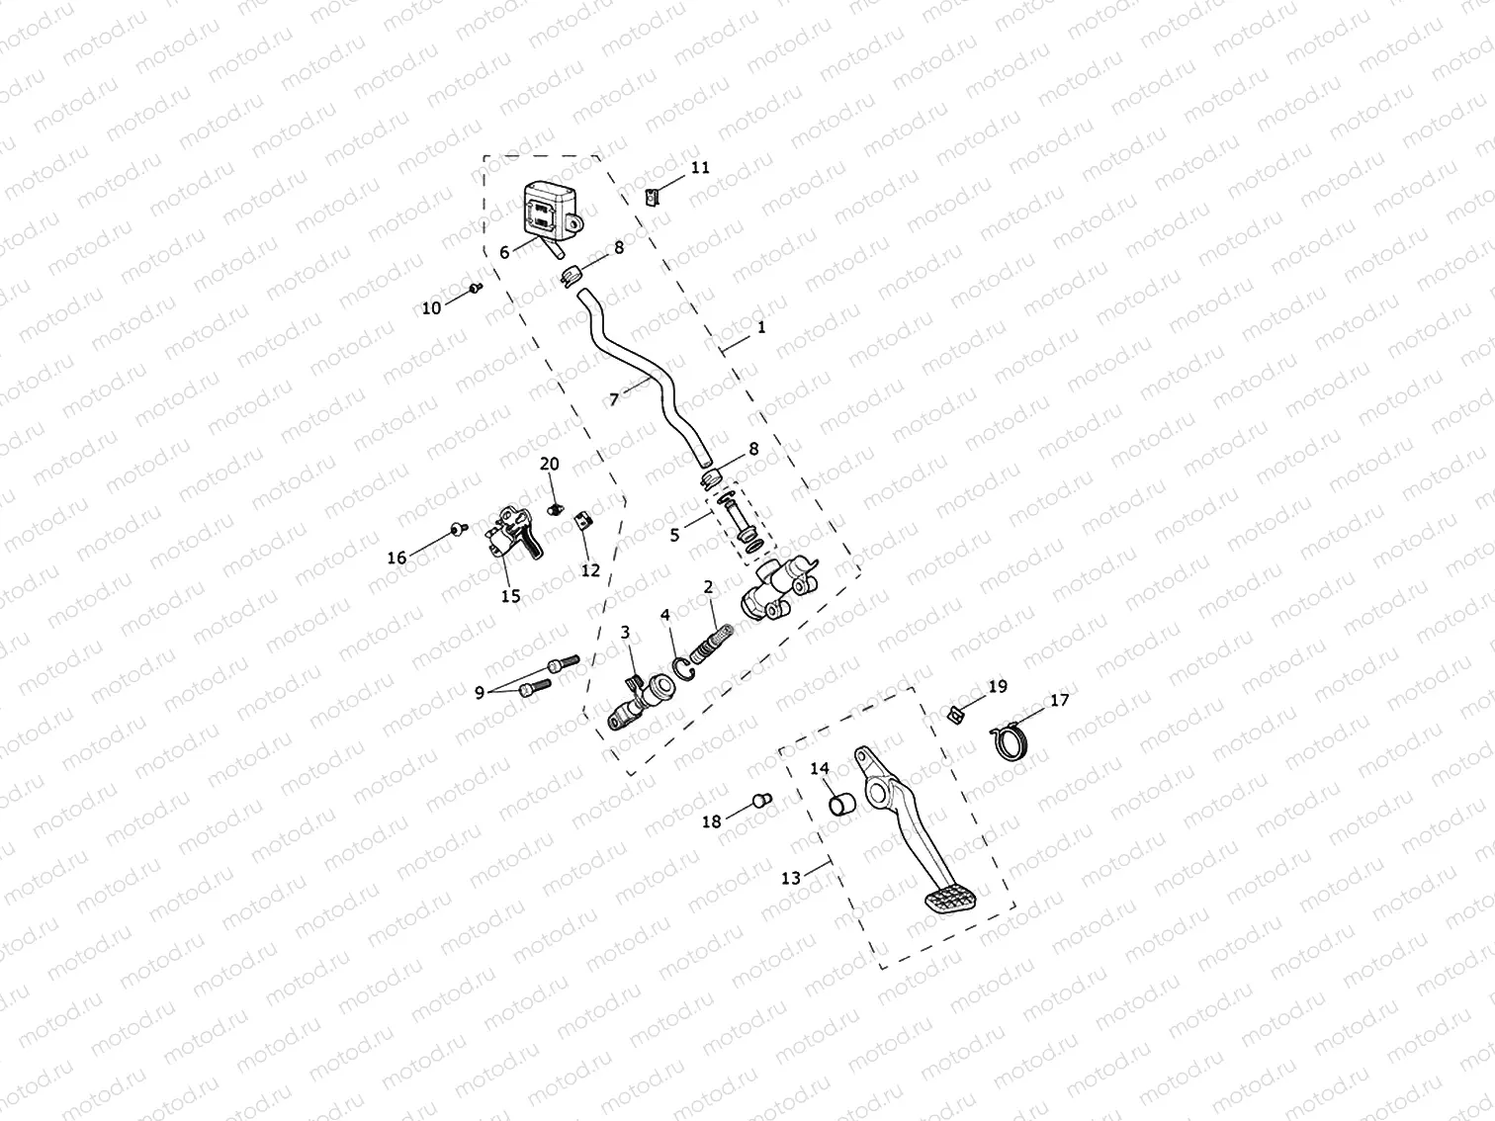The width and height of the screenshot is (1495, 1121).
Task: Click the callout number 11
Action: click(700, 168)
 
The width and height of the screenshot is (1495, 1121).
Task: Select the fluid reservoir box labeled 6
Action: click(550, 211)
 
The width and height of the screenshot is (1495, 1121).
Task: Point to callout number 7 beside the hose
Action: click(614, 399)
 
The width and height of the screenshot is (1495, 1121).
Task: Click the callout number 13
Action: click(791, 878)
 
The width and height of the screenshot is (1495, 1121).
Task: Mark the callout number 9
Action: click(480, 693)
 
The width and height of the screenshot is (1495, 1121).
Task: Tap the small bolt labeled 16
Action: click(457, 530)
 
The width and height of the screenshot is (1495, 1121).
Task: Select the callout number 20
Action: click(550, 464)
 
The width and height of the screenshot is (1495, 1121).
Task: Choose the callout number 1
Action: click(760, 327)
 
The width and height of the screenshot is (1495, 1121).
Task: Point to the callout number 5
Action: click(674, 535)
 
